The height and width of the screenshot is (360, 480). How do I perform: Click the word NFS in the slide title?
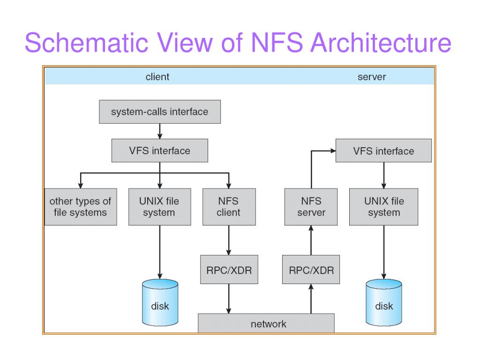[277, 42]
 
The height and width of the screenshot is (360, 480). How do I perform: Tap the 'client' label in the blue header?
[157, 76]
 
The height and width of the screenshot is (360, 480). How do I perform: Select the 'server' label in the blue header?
[372, 76]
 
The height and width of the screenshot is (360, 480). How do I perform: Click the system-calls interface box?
[160, 112]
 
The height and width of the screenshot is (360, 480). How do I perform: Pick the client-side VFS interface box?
[160, 150]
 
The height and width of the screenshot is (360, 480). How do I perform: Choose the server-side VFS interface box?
[383, 150]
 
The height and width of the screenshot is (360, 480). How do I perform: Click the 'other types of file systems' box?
[81, 207]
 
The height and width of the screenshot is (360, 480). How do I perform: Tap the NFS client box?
[229, 207]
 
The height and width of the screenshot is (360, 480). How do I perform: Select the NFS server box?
[311, 207]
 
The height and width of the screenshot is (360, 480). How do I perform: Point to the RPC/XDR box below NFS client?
[229, 270]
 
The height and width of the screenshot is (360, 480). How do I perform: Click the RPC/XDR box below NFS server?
[311, 270]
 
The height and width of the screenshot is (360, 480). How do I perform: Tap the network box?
[266, 323]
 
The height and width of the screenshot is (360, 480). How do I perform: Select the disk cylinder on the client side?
[160, 302]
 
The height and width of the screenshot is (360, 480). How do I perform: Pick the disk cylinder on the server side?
[384, 302]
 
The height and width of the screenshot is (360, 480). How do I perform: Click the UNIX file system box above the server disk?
[383, 207]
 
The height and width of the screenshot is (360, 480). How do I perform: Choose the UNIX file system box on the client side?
[160, 207]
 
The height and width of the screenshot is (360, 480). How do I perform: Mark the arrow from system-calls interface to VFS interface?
[160, 131]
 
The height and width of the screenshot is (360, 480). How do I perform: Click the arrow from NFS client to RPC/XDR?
[229, 240]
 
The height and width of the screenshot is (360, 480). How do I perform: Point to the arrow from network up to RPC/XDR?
[311, 299]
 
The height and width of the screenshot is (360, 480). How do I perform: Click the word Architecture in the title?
[381, 42]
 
